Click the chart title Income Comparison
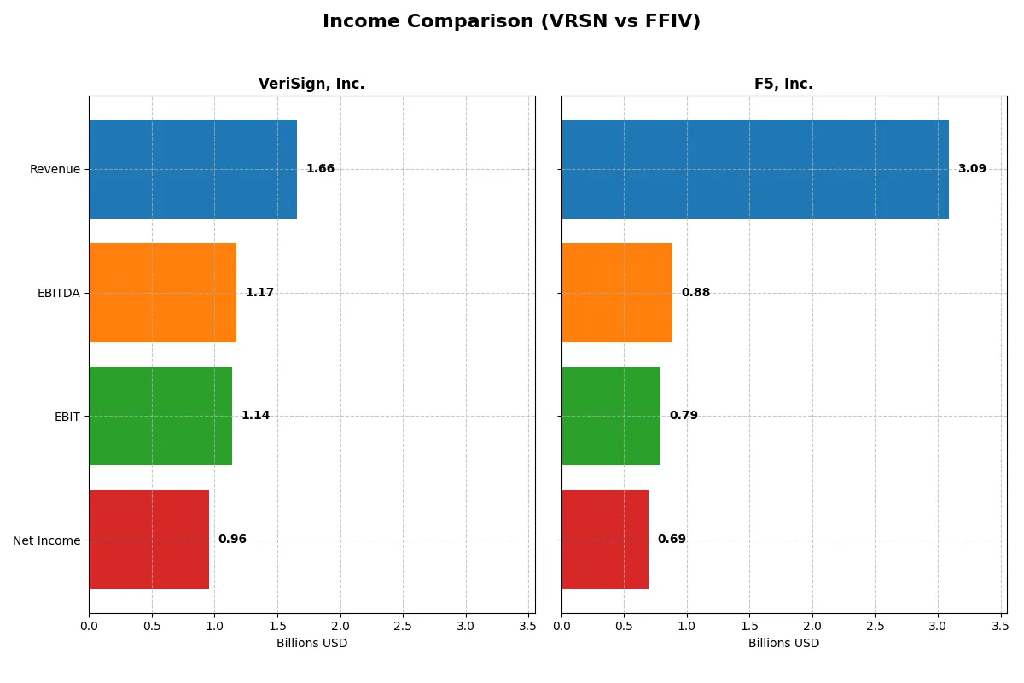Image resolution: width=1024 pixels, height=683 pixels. click(511, 21)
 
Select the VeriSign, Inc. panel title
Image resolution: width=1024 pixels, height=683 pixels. click(311, 84)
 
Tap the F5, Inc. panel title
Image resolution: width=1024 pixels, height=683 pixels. click(783, 84)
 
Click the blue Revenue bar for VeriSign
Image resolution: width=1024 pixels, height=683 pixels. click(193, 169)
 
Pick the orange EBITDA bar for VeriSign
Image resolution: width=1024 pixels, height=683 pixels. click(162, 293)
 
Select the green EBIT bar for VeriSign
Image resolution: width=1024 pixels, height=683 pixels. click(160, 416)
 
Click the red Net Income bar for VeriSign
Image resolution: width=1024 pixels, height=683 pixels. click(149, 540)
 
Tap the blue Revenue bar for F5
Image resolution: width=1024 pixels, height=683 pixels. click(755, 169)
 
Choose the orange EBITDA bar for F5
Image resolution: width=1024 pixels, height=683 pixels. click(617, 293)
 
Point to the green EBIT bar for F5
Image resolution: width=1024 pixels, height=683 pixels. click(611, 416)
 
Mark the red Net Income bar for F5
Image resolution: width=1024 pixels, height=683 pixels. click(605, 540)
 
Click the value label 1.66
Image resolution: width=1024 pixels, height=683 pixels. click(320, 169)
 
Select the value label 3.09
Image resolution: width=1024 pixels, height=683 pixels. click(972, 169)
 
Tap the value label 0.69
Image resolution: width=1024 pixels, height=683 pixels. click(672, 540)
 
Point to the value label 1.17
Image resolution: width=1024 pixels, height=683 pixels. click(259, 293)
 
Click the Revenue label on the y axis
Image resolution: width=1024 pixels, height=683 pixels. click(55, 169)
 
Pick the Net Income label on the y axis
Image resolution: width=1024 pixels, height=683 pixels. click(47, 540)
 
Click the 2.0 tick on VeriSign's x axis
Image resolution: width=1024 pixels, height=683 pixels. click(340, 627)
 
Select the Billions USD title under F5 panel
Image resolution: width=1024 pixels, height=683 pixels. click(783, 643)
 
